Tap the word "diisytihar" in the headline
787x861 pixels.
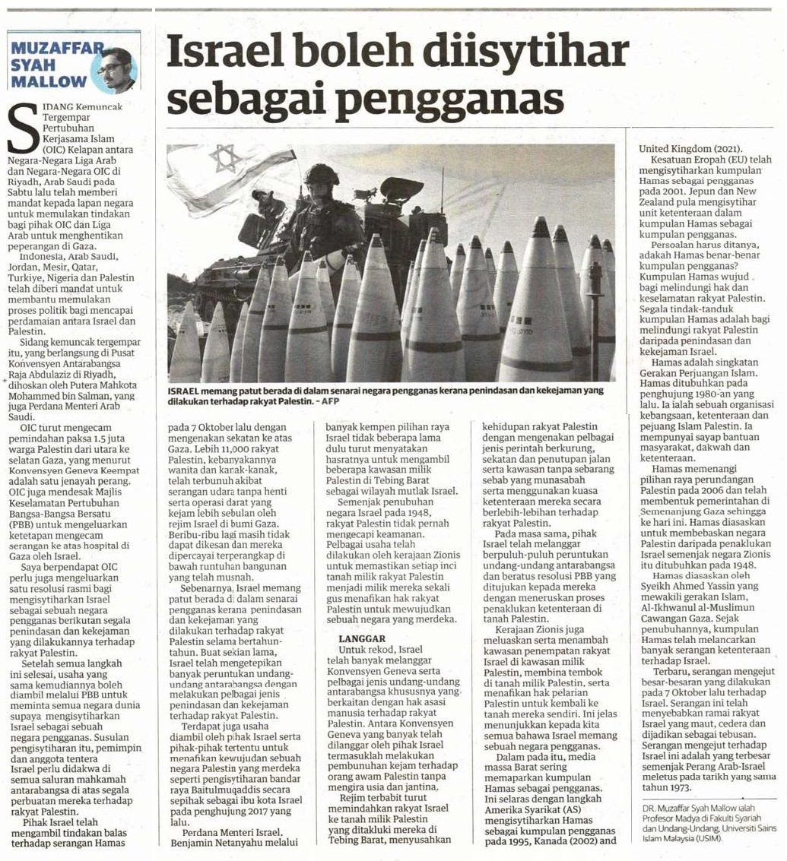click(527, 55)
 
